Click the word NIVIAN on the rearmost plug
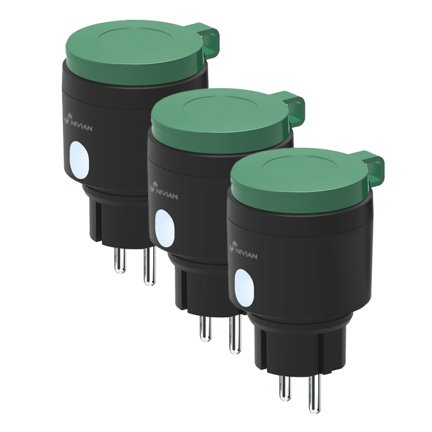[82, 125]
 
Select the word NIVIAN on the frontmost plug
[247, 254]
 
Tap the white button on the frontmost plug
[244, 288]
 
